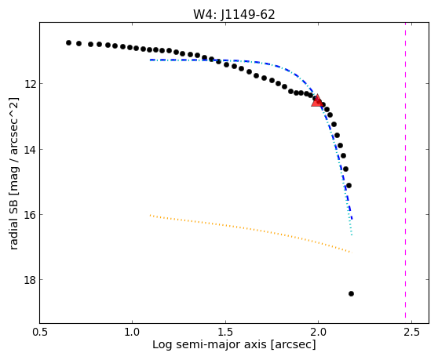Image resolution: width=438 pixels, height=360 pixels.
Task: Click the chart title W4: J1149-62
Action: click(234, 14)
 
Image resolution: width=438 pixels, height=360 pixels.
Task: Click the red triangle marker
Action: click(317, 100)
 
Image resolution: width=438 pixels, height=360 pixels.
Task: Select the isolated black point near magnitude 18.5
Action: click(351, 293)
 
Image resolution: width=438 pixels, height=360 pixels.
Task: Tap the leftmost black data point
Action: click(69, 42)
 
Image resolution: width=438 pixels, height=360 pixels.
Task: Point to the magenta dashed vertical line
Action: click(405, 173)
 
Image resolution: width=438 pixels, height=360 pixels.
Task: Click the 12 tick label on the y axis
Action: click(30, 84)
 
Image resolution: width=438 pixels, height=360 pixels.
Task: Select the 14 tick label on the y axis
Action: click(30, 150)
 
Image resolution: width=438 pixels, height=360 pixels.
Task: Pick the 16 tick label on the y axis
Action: click(30, 215)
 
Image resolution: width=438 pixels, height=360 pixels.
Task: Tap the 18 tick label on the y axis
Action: click(30, 280)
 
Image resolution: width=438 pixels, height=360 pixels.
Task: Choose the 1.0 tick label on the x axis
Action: click(132, 332)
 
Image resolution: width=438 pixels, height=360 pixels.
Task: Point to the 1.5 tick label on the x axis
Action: click(225, 332)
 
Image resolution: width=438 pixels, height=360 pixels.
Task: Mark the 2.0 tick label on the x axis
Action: click(318, 332)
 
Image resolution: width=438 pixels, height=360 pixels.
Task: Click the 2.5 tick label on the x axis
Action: click(411, 332)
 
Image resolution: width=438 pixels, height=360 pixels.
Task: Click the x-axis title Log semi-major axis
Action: click(210, 345)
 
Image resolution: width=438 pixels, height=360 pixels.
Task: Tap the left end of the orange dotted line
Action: click(150, 215)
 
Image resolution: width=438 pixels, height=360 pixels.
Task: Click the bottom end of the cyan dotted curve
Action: click(352, 235)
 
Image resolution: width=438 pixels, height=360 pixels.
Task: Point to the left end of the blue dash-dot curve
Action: click(150, 60)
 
